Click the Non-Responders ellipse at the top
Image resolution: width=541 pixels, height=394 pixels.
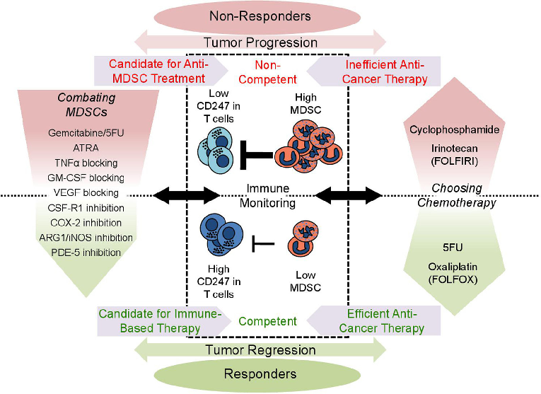pyautogui.click(x=270, y=16)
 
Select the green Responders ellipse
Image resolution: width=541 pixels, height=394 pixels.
pyautogui.click(x=270, y=373)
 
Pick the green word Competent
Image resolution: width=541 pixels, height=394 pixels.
pyautogui.click(x=267, y=322)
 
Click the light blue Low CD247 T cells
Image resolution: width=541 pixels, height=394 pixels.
pyautogui.click(x=219, y=144)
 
